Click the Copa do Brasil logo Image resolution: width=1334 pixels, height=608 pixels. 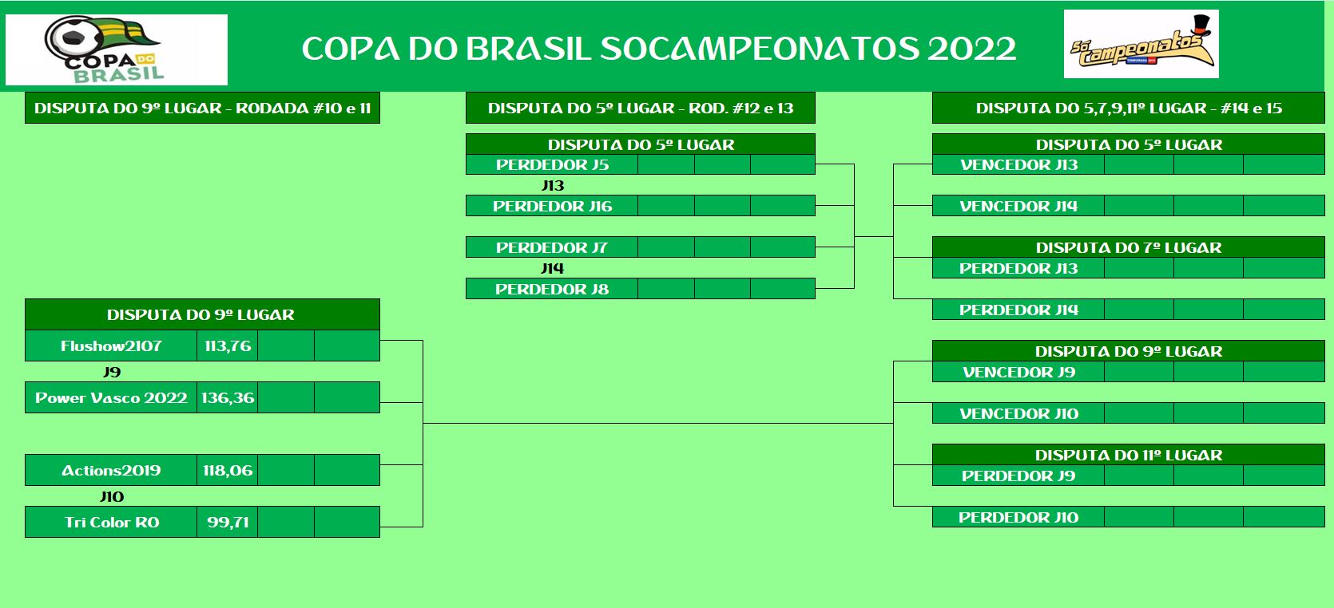116,50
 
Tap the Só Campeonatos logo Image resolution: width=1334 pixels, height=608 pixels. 1141,44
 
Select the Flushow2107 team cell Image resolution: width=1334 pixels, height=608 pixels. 111,345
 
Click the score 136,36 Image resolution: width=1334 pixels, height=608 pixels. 228,397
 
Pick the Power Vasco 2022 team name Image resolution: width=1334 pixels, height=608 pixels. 111,397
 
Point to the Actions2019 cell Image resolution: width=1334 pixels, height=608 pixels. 111,470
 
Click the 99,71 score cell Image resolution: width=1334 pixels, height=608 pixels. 228,522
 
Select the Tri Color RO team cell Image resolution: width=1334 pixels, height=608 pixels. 111,522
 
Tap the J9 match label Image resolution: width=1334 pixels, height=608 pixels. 112,372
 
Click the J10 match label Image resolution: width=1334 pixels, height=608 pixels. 112,496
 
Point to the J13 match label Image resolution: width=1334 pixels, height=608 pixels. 553,186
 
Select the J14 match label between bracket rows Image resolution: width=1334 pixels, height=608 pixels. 553,268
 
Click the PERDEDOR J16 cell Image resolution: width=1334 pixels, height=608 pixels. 551,206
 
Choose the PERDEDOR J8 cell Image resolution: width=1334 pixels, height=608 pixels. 551,289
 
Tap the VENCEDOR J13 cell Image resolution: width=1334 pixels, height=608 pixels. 1018,165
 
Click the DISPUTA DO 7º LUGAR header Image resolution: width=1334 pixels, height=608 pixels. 1129,247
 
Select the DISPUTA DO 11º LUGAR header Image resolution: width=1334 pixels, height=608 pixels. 1129,455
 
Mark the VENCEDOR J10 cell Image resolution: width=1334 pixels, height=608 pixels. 1018,413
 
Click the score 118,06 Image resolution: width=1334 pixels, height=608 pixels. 228,470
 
